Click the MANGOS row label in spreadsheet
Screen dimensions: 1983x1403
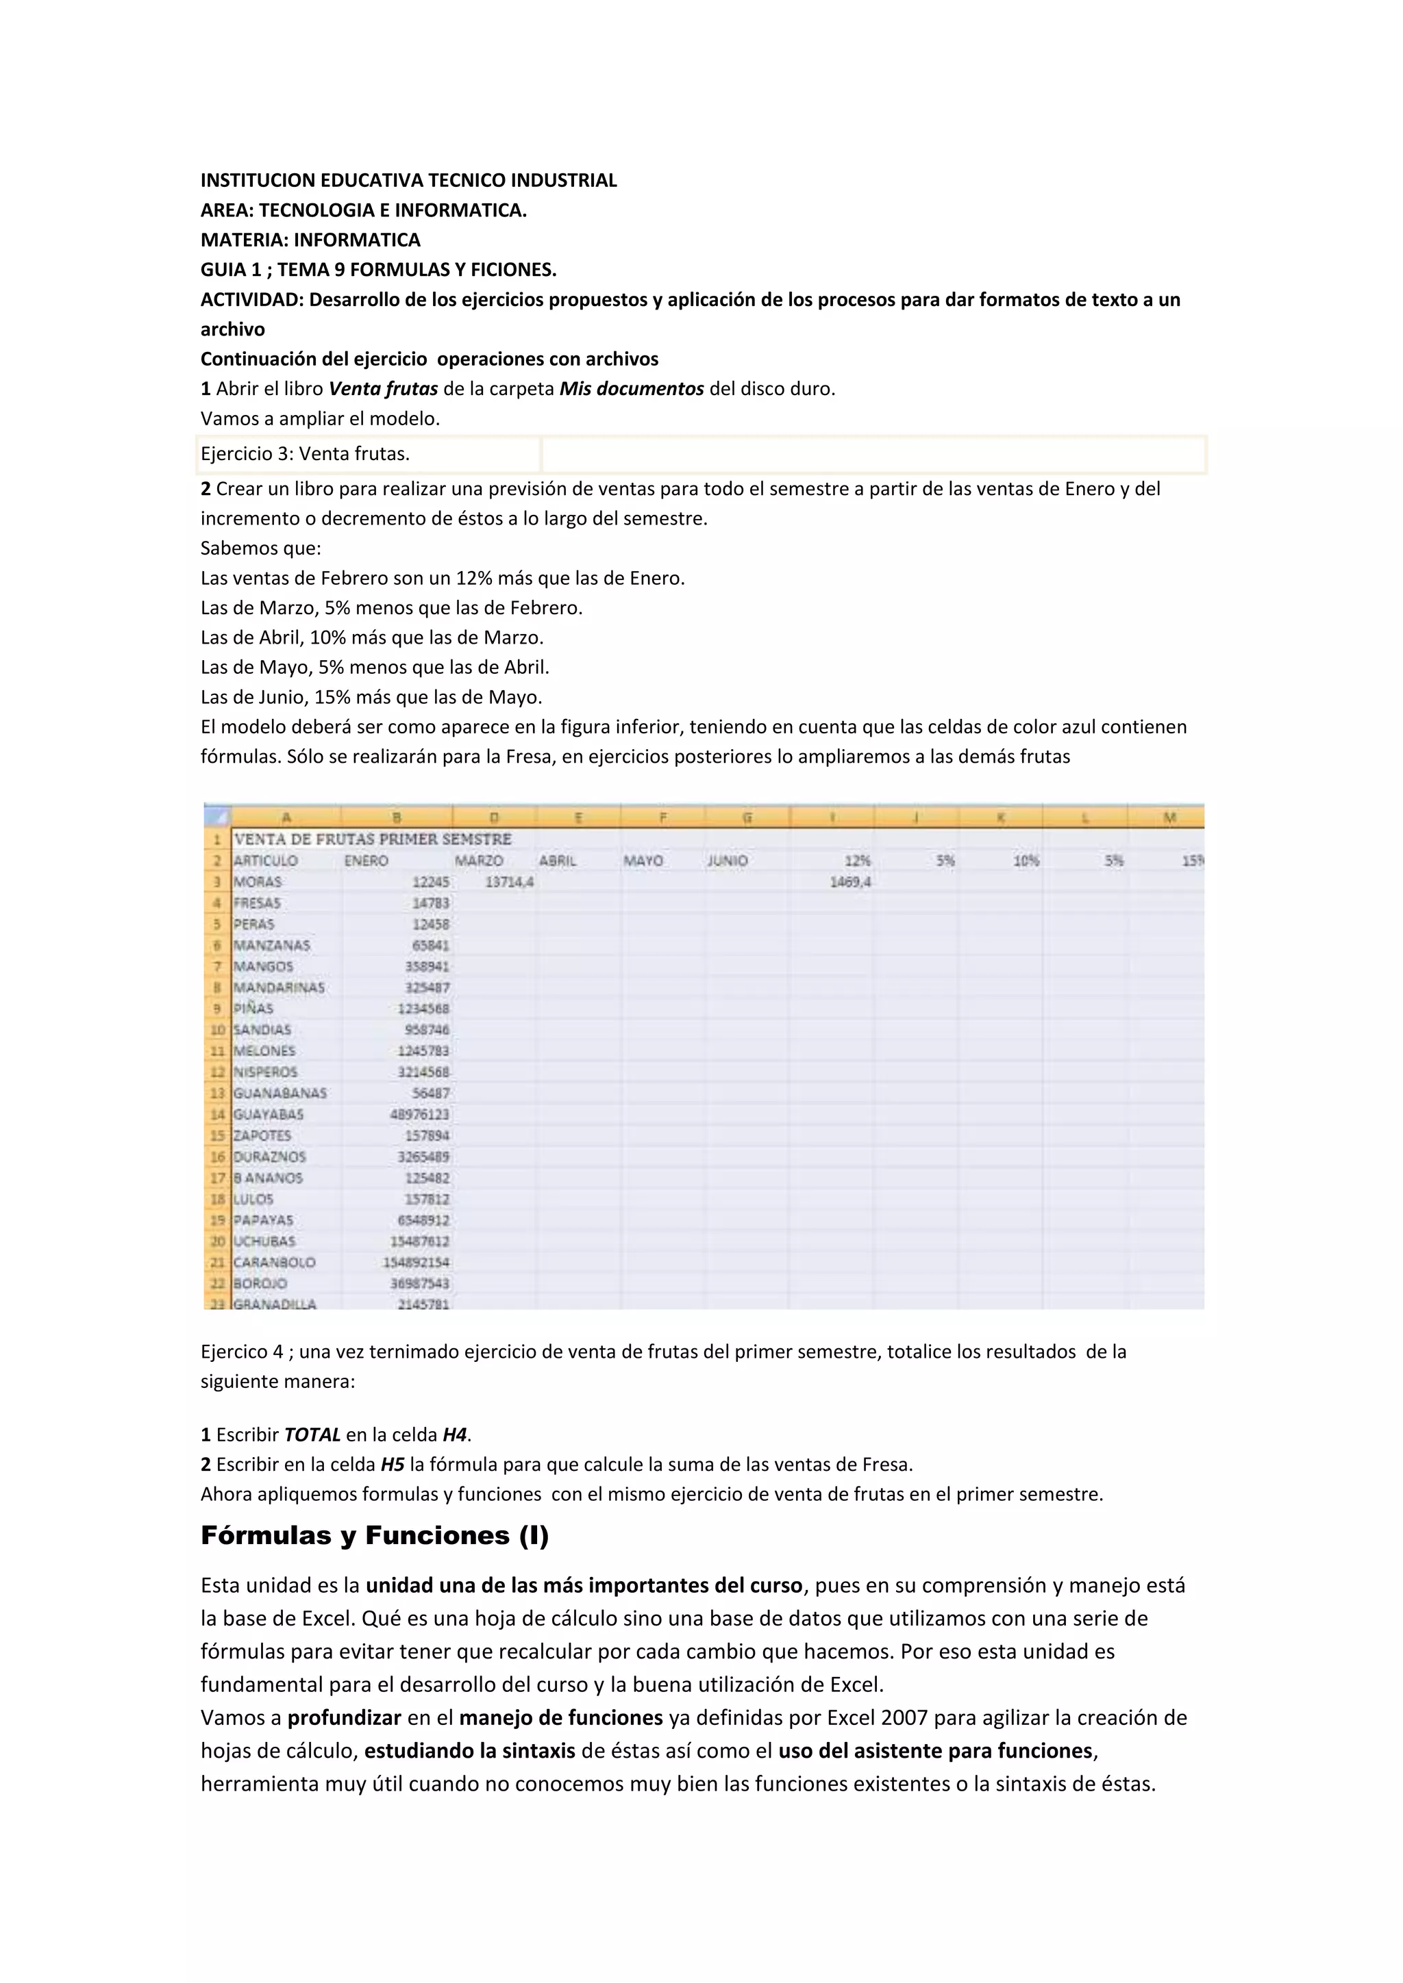[x=264, y=966]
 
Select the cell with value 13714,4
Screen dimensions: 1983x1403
[x=509, y=882]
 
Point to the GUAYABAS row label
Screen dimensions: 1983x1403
[x=269, y=1114]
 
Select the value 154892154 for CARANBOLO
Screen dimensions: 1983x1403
[x=417, y=1263]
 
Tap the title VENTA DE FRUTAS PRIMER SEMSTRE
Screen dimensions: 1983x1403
[x=373, y=839]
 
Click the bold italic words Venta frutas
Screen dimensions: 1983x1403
[x=383, y=389]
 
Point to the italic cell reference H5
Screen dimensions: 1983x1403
[x=393, y=1464]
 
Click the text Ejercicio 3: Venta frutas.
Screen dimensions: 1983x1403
[x=305, y=453]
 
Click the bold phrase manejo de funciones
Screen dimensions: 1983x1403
[x=560, y=1717]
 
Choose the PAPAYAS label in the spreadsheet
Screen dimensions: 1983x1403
[x=264, y=1220]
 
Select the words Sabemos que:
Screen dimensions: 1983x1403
[x=260, y=548]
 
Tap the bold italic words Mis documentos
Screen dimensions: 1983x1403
[x=632, y=389]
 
